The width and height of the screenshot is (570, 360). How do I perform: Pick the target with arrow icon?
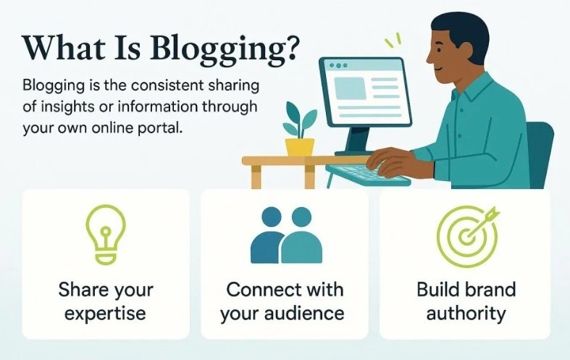[464, 235]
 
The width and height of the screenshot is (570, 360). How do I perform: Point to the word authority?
[466, 314]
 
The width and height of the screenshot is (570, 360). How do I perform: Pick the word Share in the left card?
[81, 290]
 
